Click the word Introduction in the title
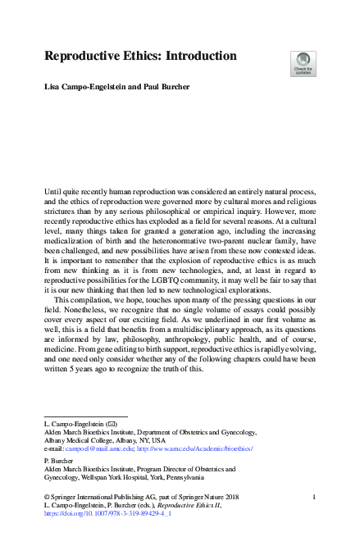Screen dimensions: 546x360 click(x=194, y=57)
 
